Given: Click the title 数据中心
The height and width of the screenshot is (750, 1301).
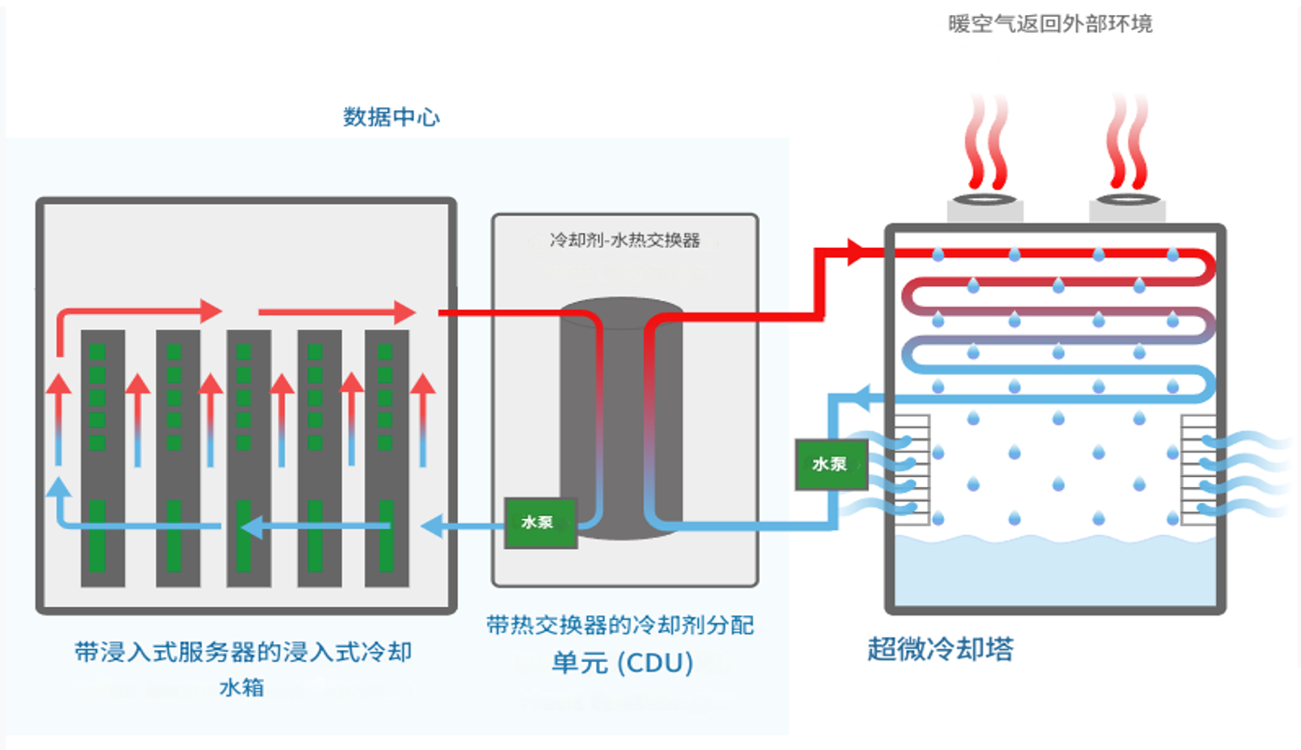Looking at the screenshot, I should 392,118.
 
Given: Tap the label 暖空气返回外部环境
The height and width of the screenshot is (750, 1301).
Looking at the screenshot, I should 1051,24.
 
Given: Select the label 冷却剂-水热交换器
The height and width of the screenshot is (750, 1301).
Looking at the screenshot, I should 625,240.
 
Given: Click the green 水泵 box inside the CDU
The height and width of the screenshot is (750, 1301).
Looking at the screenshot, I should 539,522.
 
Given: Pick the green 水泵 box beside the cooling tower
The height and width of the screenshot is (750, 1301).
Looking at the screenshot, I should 830,464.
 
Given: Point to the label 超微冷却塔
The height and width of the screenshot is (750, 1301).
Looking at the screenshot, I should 940,648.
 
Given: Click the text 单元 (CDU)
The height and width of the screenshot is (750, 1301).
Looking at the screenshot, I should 622,663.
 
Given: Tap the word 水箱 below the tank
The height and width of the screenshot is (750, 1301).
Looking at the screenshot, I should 242,687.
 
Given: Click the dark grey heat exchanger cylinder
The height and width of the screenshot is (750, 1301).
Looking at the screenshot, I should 621,421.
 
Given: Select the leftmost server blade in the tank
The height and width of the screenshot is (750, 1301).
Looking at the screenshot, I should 103,458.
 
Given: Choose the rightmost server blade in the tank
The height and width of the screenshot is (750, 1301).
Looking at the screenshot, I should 387,458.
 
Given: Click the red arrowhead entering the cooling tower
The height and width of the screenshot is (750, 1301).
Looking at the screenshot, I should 854,252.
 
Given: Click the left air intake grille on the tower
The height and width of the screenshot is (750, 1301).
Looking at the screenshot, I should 913,468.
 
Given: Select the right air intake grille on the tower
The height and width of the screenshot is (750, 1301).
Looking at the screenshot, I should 1198,468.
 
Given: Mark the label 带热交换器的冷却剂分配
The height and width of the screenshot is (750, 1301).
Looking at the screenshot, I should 620,625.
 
